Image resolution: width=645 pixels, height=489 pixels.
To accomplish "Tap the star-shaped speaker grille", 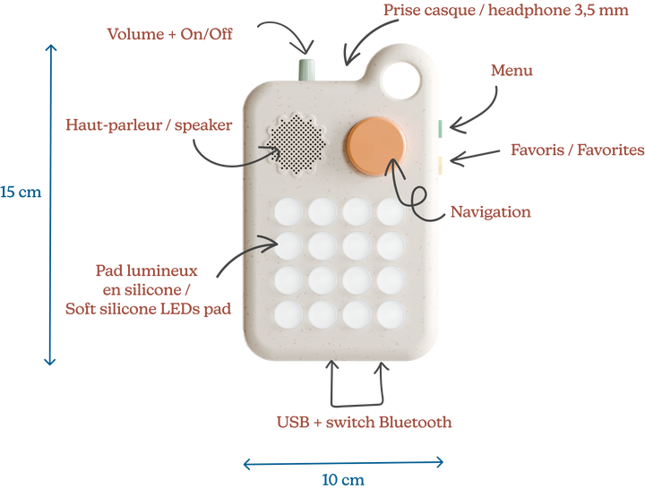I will click(296, 143).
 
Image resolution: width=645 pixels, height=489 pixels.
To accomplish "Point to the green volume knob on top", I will click(307, 68).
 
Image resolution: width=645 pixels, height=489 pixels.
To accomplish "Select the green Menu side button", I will click(441, 127).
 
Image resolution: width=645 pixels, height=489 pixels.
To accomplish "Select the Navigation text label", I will click(492, 212).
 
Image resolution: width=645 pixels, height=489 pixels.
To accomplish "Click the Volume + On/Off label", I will click(171, 34).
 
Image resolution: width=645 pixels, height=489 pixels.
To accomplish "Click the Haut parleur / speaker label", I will click(149, 124).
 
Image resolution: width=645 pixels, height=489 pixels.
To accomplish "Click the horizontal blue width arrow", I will click(343, 462).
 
